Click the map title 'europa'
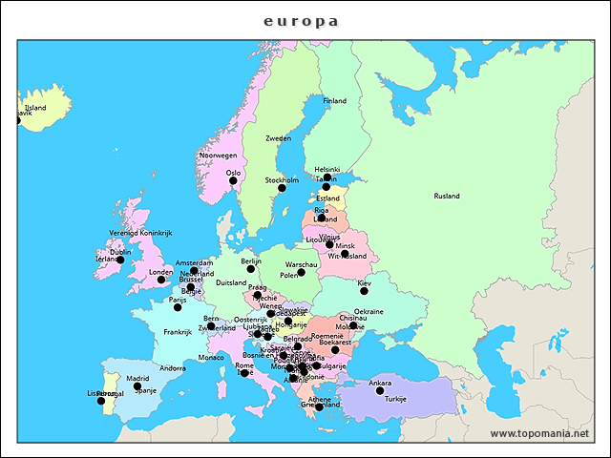pyautogui.click(x=301, y=21)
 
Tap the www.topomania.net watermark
pyautogui.click(x=539, y=433)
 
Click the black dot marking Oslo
pyautogui.click(x=233, y=180)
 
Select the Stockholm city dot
pyautogui.click(x=282, y=188)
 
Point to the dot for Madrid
pyautogui.click(x=137, y=386)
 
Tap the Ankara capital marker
pyautogui.click(x=380, y=391)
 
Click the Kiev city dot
pyautogui.click(x=364, y=291)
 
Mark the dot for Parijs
pyautogui.click(x=178, y=307)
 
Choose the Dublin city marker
pyautogui.click(x=120, y=260)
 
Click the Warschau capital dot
pyautogui.click(x=301, y=272)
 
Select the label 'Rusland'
pyautogui.click(x=447, y=196)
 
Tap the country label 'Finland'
pyautogui.click(x=334, y=100)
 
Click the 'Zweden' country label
pyautogui.click(x=278, y=138)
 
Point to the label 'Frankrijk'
pyautogui.click(x=177, y=332)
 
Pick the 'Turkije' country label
pyautogui.click(x=395, y=398)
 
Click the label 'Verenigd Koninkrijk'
pyautogui.click(x=139, y=233)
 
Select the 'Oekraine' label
pyautogui.click(x=369, y=311)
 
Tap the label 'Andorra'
pyautogui.click(x=173, y=368)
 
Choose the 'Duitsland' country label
pyautogui.click(x=231, y=282)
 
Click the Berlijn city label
pyautogui.click(x=251, y=260)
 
